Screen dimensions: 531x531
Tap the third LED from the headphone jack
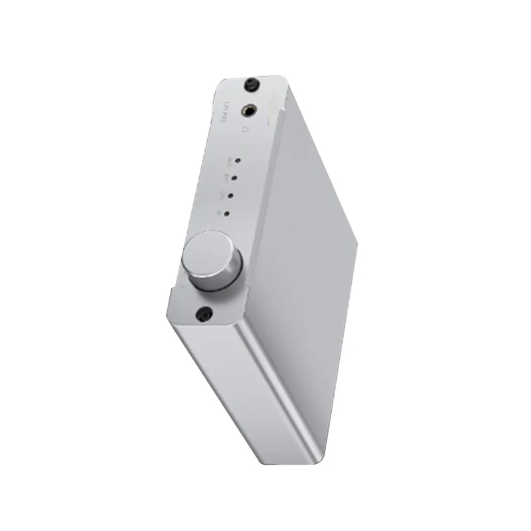[231, 196]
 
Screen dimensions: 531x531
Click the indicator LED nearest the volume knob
[228, 214]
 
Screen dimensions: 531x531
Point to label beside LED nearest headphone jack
[228, 159]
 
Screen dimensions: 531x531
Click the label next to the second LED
[226, 177]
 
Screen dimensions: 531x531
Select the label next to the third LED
[222, 194]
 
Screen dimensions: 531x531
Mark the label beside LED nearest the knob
[219, 212]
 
